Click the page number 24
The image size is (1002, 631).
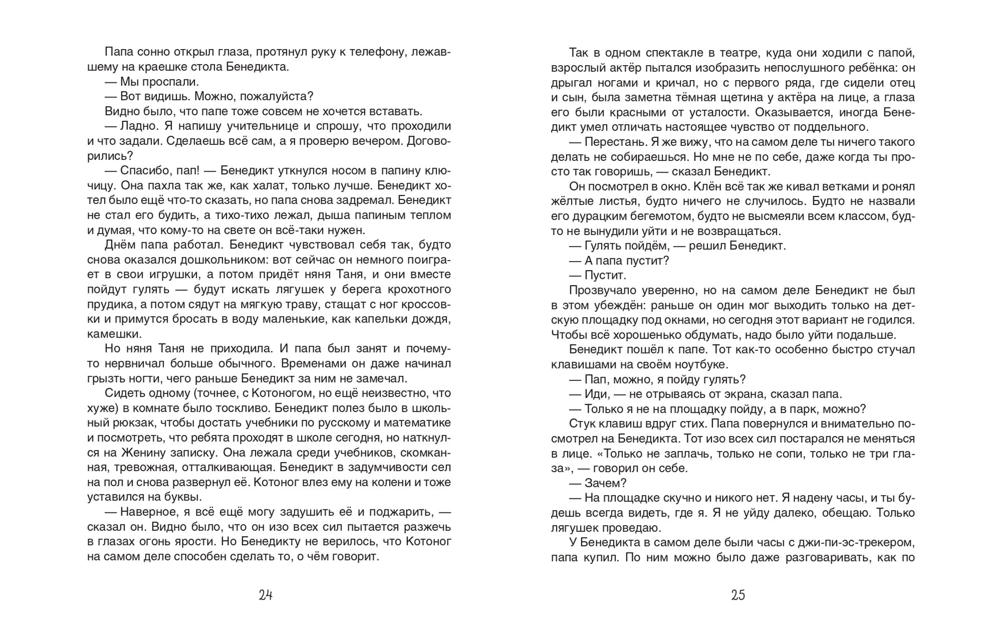click(266, 595)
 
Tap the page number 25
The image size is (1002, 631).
click(738, 595)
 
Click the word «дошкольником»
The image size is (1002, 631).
click(214, 260)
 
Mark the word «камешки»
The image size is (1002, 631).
click(115, 334)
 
